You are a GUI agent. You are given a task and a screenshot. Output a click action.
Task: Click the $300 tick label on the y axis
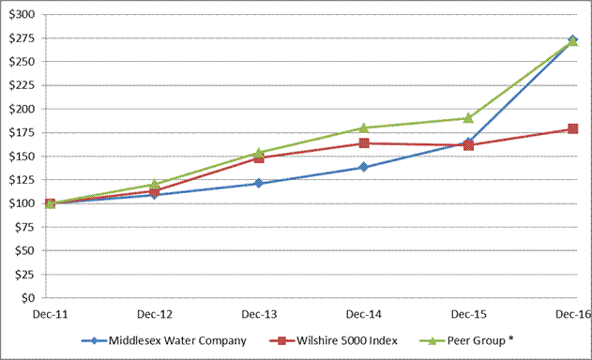(x=22, y=14)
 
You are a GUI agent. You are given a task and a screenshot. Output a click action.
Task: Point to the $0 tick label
(x=28, y=298)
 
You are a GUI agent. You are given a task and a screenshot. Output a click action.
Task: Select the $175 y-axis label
(x=22, y=132)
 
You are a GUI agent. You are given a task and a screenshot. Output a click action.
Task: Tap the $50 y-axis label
(x=25, y=250)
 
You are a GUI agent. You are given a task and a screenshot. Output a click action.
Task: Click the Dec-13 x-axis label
(x=259, y=314)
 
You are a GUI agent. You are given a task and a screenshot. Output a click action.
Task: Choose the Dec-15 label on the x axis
(x=468, y=314)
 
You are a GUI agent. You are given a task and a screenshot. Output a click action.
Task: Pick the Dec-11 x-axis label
(x=50, y=314)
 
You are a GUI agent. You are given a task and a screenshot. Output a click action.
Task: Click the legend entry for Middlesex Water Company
(x=164, y=340)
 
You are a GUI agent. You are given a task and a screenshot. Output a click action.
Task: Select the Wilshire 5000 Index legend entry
(x=333, y=340)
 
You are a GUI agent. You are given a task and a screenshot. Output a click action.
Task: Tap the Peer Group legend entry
(x=466, y=340)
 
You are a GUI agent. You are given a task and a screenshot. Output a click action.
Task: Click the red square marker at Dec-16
(x=572, y=129)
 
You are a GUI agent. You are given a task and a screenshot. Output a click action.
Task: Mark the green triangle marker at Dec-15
(x=468, y=118)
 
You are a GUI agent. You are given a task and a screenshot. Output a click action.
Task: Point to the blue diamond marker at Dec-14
(x=364, y=167)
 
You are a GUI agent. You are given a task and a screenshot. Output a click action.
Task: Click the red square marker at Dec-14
(x=364, y=143)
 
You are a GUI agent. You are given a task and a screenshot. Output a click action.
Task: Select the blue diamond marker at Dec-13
(x=259, y=184)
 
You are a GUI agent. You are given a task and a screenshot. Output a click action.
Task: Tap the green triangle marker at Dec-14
(x=364, y=127)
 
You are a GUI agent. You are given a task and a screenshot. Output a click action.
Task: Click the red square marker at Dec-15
(x=468, y=145)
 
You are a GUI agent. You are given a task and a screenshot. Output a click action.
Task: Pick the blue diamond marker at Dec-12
(x=154, y=195)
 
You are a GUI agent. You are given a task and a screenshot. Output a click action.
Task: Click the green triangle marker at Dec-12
(x=154, y=184)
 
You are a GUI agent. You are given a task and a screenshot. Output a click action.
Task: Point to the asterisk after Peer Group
(x=510, y=338)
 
